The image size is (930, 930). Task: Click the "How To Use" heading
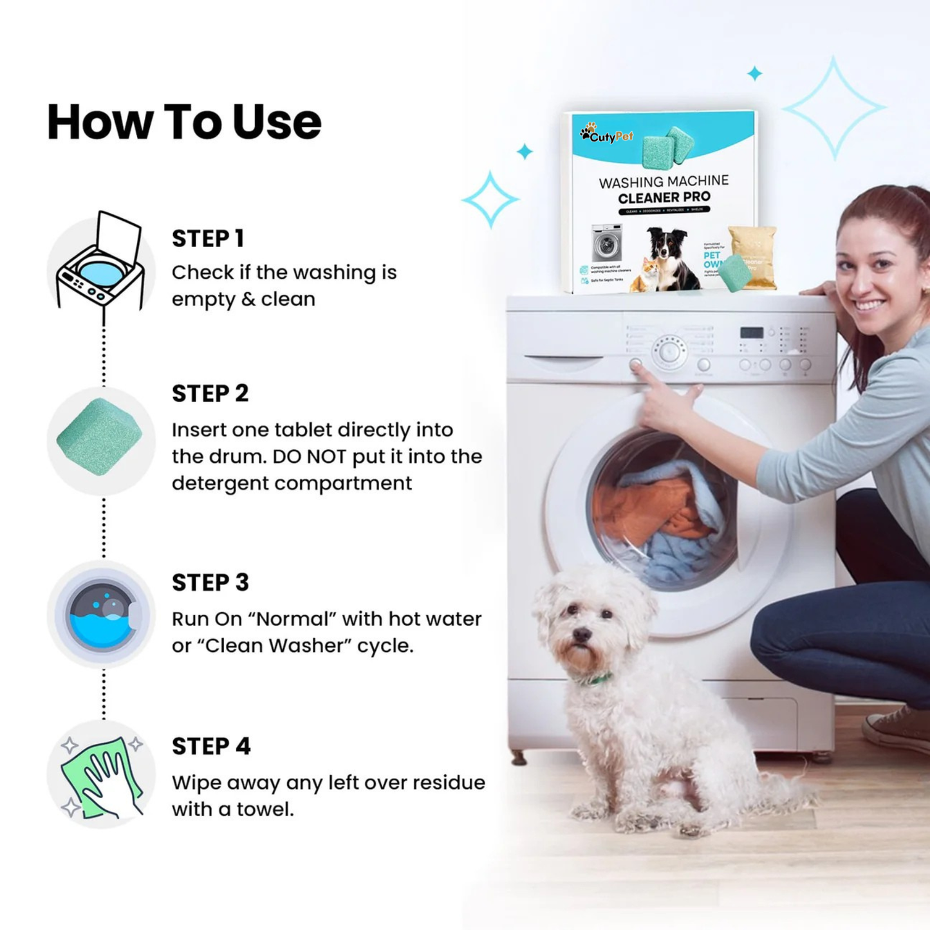184,122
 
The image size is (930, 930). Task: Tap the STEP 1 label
207,239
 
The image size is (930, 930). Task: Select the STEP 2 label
210,393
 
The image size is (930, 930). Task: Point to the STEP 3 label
210,582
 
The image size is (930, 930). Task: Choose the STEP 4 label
210,747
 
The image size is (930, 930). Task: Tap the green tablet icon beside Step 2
100,438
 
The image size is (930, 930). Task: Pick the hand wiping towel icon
102,777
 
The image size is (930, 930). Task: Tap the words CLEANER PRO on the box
664,198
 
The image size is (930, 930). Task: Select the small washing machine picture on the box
606,243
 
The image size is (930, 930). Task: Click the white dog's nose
581,635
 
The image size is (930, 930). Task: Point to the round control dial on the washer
669,351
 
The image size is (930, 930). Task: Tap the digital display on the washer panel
751,333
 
